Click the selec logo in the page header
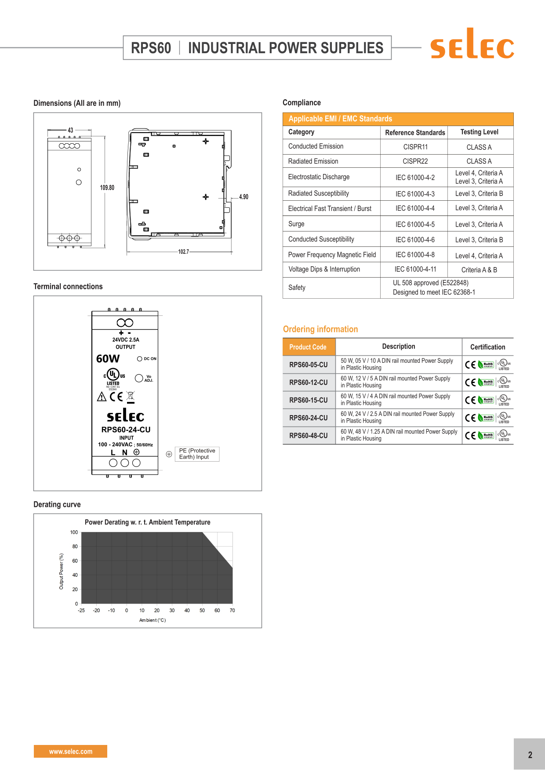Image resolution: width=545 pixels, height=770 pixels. (472, 44)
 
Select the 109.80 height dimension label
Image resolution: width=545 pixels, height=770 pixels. (107, 188)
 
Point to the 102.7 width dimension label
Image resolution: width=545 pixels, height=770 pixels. (183, 252)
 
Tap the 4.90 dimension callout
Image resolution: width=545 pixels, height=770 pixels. (243, 197)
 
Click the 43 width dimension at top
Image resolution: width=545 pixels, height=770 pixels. (70, 130)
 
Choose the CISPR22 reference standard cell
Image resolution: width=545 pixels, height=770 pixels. (415, 161)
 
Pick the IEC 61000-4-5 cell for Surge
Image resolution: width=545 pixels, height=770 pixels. (415, 224)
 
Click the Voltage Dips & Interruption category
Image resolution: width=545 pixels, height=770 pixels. (324, 269)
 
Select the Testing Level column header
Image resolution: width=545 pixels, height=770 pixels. (479, 132)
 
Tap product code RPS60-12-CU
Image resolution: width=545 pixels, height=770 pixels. (308, 383)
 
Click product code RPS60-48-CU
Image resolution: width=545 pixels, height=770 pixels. (308, 436)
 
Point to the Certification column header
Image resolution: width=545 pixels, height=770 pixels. (487, 347)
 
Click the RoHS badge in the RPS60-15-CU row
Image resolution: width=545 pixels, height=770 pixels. (487, 400)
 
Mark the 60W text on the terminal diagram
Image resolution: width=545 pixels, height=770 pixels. (108, 359)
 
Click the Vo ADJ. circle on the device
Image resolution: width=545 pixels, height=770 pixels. (139, 378)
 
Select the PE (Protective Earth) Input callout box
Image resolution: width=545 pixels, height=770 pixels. (197, 454)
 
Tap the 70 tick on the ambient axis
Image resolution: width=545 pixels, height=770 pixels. (232, 611)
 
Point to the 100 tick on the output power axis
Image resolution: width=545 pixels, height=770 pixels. (74, 532)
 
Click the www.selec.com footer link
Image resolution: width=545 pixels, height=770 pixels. (70, 752)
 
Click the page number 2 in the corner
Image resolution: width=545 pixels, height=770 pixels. (530, 755)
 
